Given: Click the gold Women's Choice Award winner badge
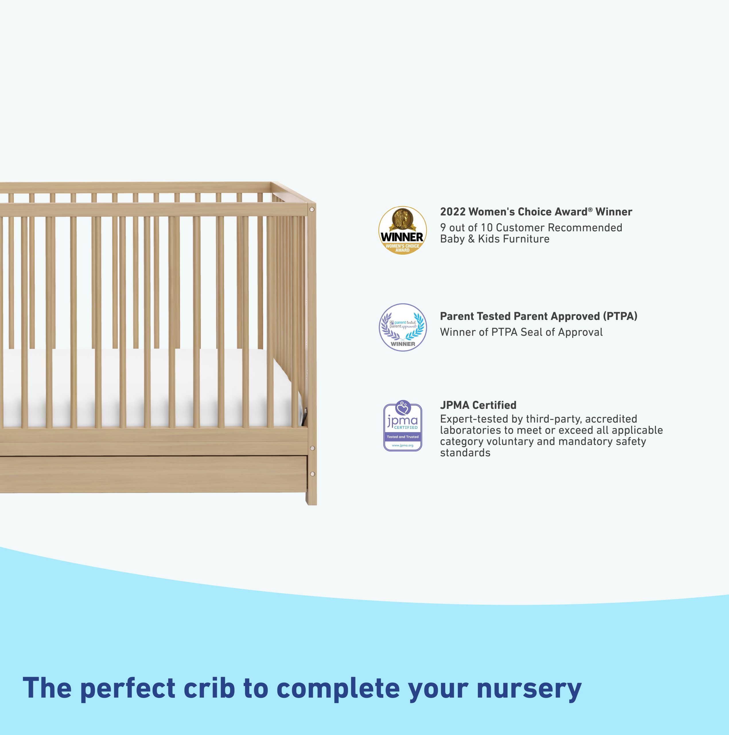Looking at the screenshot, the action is [403, 231].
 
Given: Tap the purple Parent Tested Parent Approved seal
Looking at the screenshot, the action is [403, 327].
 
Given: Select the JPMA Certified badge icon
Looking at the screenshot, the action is [403, 426].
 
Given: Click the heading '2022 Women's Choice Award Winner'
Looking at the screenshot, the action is [536, 212].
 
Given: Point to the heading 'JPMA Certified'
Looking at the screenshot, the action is [478, 405].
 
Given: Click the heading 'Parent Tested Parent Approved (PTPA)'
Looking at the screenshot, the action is [539, 316].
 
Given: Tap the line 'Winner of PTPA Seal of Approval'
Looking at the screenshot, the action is [521, 332].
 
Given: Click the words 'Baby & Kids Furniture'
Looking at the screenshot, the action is [495, 239].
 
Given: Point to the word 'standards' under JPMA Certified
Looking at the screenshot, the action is [465, 453].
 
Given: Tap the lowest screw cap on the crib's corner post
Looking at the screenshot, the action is [312, 474].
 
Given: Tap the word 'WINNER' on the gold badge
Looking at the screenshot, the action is [402, 237].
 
